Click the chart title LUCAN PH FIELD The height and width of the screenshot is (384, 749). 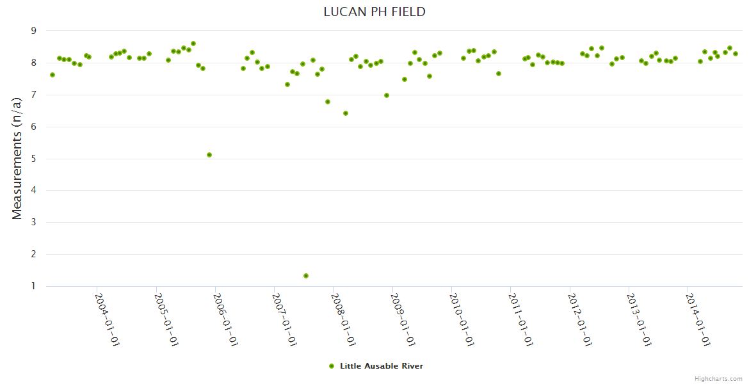coord(374,12)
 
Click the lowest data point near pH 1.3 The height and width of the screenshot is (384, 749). coord(306,276)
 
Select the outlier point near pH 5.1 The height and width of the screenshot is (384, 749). coord(209,155)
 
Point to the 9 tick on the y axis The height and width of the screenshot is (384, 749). coord(33,31)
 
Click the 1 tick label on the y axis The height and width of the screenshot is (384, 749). coord(33,286)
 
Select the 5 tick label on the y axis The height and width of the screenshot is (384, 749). coord(33,159)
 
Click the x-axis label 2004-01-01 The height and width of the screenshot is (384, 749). coord(108,319)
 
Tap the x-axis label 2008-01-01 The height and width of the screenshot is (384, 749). coord(343,319)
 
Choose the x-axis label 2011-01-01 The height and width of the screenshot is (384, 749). coord(520,319)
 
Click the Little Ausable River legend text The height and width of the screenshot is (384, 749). coord(382,366)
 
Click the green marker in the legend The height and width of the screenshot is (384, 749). coord(332,366)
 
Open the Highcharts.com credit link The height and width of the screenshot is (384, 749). coord(718,378)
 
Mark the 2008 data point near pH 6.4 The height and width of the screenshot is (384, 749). coord(346,113)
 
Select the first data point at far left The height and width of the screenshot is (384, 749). coord(52,75)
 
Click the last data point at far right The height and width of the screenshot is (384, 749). coord(736,54)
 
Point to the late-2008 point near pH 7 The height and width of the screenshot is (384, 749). coord(387,95)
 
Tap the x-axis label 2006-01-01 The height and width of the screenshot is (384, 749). coord(225,319)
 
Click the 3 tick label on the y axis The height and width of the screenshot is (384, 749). coord(33,222)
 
